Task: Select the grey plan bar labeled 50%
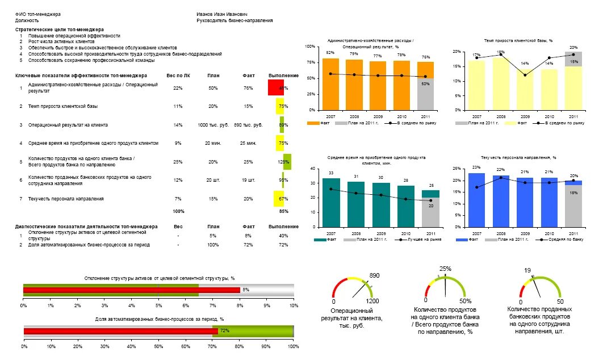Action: (425, 94)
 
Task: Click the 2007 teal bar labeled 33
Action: (331, 202)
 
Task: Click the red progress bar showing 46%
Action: (275, 87)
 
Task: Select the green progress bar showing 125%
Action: (287, 162)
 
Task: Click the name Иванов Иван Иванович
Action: (222, 14)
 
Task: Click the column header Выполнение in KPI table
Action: (283, 76)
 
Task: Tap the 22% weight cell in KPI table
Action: (178, 88)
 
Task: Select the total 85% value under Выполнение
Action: (283, 211)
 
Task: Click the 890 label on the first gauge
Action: (374, 275)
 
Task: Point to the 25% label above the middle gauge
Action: (446, 269)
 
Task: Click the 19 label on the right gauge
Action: (527, 270)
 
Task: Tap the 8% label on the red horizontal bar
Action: (246, 290)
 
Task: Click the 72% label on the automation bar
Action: (224, 330)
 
